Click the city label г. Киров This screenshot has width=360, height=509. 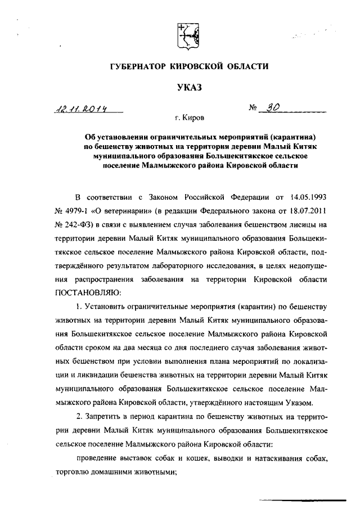tap(190, 119)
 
